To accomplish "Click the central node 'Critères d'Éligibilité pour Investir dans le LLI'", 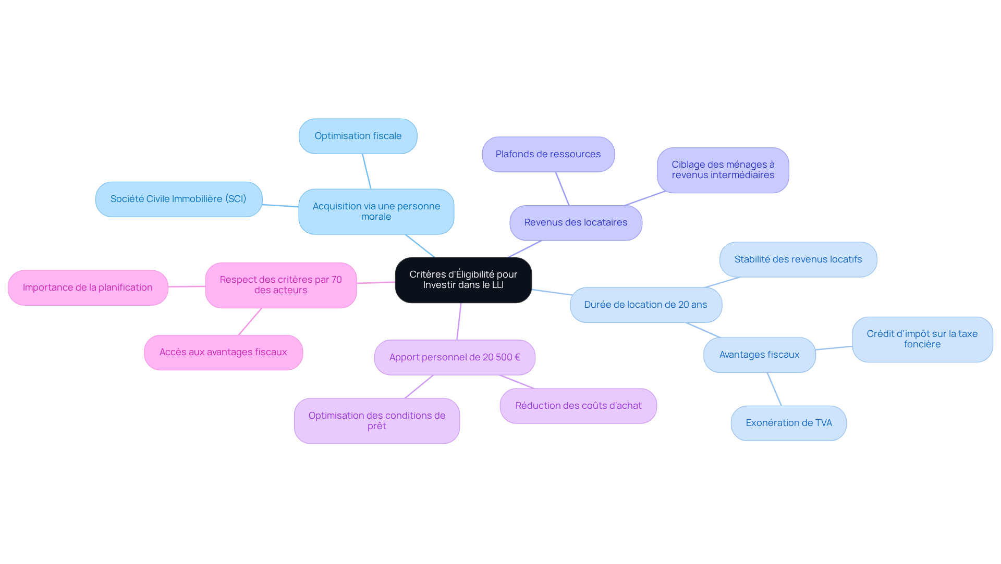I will (463, 280).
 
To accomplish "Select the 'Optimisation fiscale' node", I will (358, 136).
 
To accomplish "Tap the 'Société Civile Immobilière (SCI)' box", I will (178, 199).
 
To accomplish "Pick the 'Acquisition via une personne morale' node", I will (376, 211).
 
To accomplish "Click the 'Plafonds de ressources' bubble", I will (548, 154).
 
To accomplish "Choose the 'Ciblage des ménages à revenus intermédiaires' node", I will (723, 170).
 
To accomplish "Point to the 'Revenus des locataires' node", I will (576, 222).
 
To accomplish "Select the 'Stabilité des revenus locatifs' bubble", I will (798, 259).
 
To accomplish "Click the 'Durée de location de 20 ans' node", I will (645, 305).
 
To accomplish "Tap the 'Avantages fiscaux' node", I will (759, 355).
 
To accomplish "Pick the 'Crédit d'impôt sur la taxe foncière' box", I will (922, 339).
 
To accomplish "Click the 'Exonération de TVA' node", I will (788, 423).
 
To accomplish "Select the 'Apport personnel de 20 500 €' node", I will (455, 357).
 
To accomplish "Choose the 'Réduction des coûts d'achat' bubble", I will (578, 406).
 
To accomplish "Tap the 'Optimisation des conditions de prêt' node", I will (376, 421).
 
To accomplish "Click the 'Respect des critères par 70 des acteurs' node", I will (280, 285).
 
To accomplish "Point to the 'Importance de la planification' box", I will (88, 287).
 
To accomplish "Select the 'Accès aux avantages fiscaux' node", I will (223, 352).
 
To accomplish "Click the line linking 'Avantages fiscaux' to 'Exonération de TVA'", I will (774, 389).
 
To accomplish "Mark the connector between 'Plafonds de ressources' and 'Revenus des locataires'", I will (562, 189).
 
